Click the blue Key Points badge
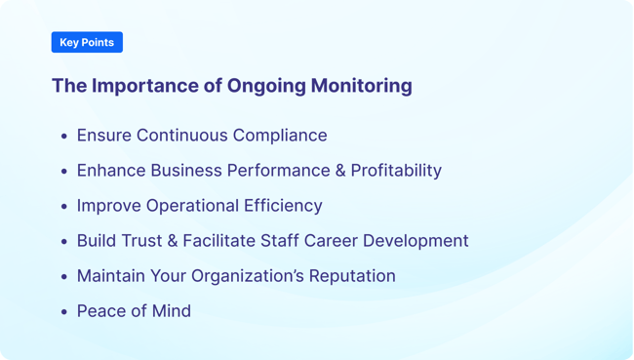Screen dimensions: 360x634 87,42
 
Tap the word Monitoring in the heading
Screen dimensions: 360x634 361,86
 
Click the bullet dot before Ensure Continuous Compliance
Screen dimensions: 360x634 64,137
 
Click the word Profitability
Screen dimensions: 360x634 396,171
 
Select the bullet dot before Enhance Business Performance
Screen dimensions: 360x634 64,172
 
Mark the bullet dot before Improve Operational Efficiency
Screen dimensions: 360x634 64,207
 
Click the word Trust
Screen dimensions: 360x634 144,241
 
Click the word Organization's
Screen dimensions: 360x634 243,276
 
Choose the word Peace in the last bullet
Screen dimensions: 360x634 100,311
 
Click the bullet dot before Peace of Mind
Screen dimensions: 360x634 64,312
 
